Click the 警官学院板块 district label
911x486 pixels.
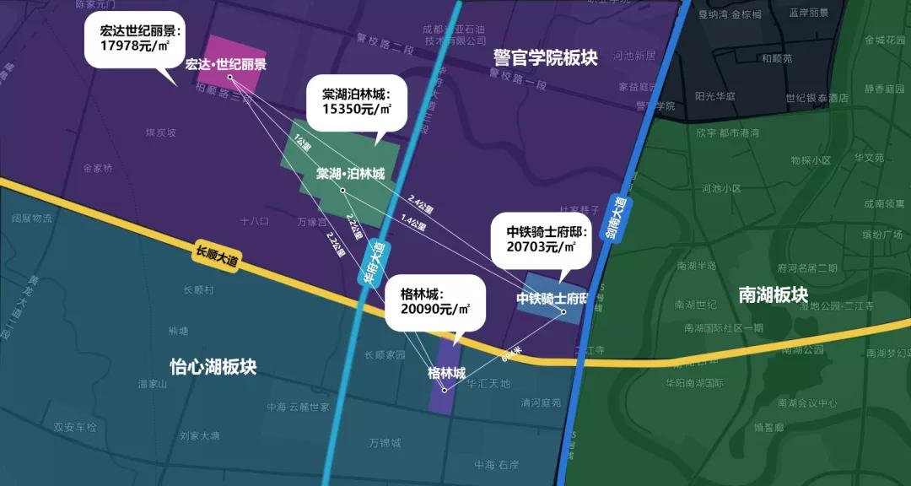546,57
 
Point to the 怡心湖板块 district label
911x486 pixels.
213,367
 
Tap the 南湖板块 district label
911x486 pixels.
773,295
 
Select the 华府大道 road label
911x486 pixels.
377,262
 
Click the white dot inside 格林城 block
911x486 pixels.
444,390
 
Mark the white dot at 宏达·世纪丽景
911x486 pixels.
229,78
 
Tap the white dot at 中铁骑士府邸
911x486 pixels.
563,313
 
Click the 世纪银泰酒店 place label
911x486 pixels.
817,98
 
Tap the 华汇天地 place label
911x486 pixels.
488,384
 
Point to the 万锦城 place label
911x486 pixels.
385,442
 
